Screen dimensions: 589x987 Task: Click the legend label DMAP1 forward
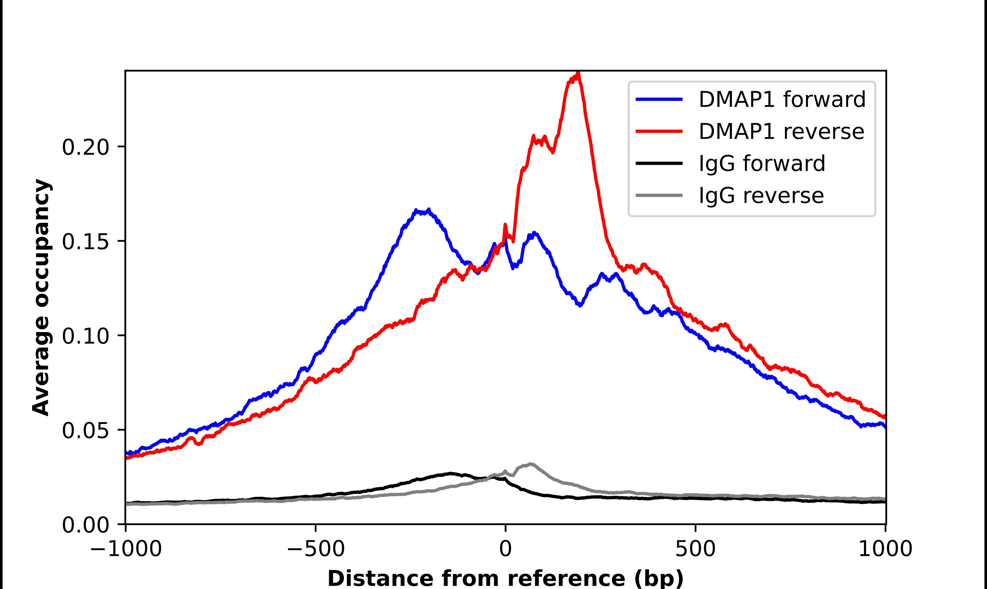(782, 99)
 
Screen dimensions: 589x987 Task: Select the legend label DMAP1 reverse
(781, 131)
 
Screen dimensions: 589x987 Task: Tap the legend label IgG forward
(762, 164)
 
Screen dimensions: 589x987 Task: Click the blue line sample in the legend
(659, 99)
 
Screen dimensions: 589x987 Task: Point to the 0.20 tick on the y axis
(85, 147)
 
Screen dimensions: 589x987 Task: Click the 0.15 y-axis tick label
(85, 242)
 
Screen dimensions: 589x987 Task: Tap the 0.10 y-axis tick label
(85, 336)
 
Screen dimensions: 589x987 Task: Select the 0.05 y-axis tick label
(85, 431)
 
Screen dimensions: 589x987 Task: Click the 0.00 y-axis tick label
(85, 525)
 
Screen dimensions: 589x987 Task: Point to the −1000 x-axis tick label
(126, 549)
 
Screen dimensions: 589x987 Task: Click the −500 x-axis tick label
(316, 549)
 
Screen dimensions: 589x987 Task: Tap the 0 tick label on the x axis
(506, 549)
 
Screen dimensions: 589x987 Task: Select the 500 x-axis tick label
(695, 549)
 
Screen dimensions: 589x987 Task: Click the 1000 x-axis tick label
(885, 549)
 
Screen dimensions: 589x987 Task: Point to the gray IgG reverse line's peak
(530, 464)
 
